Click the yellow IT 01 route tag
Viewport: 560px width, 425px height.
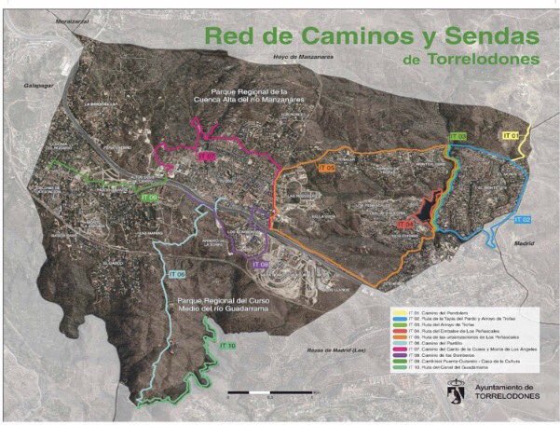[x=510, y=136]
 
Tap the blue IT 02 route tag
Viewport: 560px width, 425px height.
[x=521, y=219]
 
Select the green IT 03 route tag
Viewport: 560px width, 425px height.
[x=457, y=137]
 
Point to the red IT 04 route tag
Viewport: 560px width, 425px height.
[x=405, y=225]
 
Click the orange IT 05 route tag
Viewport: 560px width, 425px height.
[x=326, y=168]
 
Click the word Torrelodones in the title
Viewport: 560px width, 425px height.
[x=476, y=60]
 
